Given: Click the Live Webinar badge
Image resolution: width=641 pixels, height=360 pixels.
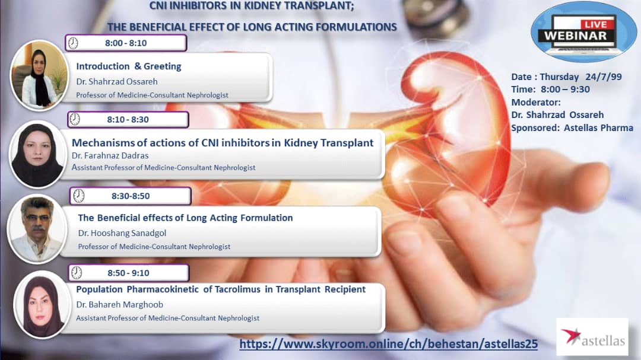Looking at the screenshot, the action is click(583, 32).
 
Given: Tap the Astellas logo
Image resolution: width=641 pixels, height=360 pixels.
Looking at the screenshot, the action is click(592, 337).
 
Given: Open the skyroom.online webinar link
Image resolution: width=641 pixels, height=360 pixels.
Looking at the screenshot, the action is click(388, 343).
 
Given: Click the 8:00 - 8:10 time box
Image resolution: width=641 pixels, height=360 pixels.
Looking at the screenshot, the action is click(126, 43).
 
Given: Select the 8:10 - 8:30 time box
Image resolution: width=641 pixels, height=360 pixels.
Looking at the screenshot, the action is click(128, 119).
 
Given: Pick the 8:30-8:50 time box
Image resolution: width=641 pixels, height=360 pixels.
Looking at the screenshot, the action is click(131, 196).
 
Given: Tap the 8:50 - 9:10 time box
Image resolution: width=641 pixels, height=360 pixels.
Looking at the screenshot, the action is click(128, 273).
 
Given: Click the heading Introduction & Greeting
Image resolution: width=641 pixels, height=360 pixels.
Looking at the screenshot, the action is click(129, 66).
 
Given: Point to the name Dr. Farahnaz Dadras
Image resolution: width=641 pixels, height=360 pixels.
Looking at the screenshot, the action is click(110, 156).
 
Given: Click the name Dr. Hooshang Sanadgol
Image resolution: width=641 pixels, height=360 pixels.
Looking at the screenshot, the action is click(122, 233).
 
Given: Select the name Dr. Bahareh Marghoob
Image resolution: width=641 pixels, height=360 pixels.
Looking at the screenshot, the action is click(120, 304).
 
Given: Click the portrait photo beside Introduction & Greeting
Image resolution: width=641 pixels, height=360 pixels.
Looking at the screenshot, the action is click(39, 75).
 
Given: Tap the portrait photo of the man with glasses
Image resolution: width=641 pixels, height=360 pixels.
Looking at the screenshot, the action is click(37, 229).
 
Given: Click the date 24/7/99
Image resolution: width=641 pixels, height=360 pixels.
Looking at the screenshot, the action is click(604, 77).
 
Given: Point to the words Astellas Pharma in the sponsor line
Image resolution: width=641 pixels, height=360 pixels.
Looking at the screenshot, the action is click(598, 128).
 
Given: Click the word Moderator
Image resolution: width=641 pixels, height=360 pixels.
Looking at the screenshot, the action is click(536, 102).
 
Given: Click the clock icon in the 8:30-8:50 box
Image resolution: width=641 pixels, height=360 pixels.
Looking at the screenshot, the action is click(79, 196).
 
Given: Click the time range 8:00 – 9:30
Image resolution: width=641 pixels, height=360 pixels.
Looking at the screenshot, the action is click(566, 89).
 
